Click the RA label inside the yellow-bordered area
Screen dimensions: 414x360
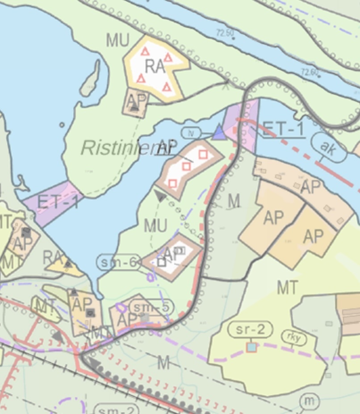coord(155,67)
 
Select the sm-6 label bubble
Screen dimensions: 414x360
coord(118,262)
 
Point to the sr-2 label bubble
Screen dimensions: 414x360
coord(250,330)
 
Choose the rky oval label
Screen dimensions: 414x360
coord(293,338)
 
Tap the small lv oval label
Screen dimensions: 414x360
coord(190,133)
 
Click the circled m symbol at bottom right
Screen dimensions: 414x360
coord(309,401)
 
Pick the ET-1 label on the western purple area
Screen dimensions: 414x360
coord(57,202)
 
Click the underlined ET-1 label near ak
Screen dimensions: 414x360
coord(283,129)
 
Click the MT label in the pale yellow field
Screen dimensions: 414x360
coord(287,288)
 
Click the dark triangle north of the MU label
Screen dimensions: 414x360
coord(160,195)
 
